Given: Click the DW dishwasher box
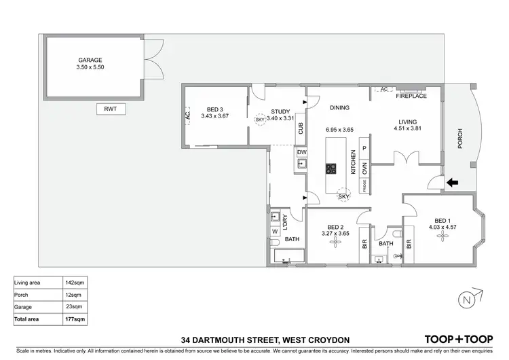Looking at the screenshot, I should (301, 152).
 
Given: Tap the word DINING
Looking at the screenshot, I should (339, 107).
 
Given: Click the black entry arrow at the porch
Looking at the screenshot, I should (453, 181).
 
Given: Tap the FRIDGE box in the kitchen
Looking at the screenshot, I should (364, 187).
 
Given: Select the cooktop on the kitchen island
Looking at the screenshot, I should (333, 168).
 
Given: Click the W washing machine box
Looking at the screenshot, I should (275, 232).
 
